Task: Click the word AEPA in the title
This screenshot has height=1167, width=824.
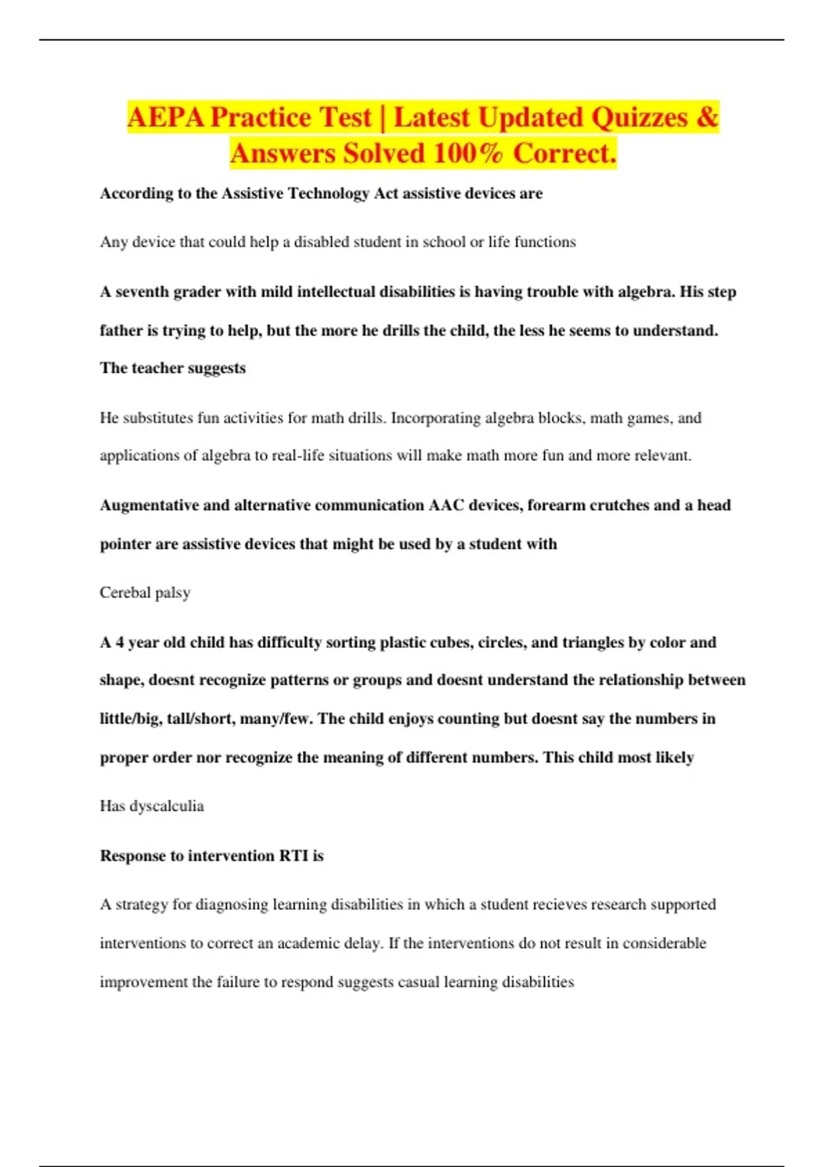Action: [165, 117]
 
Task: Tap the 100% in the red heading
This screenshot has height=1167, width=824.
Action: [468, 153]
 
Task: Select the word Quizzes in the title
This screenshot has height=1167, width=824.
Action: [639, 117]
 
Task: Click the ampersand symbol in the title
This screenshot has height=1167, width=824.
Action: [707, 117]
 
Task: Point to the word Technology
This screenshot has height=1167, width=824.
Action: [330, 194]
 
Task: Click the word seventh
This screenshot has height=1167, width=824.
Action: [142, 292]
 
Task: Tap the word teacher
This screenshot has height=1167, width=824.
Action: [155, 368]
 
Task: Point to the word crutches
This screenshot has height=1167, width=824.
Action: [619, 505]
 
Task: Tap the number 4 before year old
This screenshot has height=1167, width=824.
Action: [119, 643]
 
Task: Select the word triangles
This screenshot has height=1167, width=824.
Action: [591, 643]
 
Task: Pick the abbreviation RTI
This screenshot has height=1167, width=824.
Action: [293, 856]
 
